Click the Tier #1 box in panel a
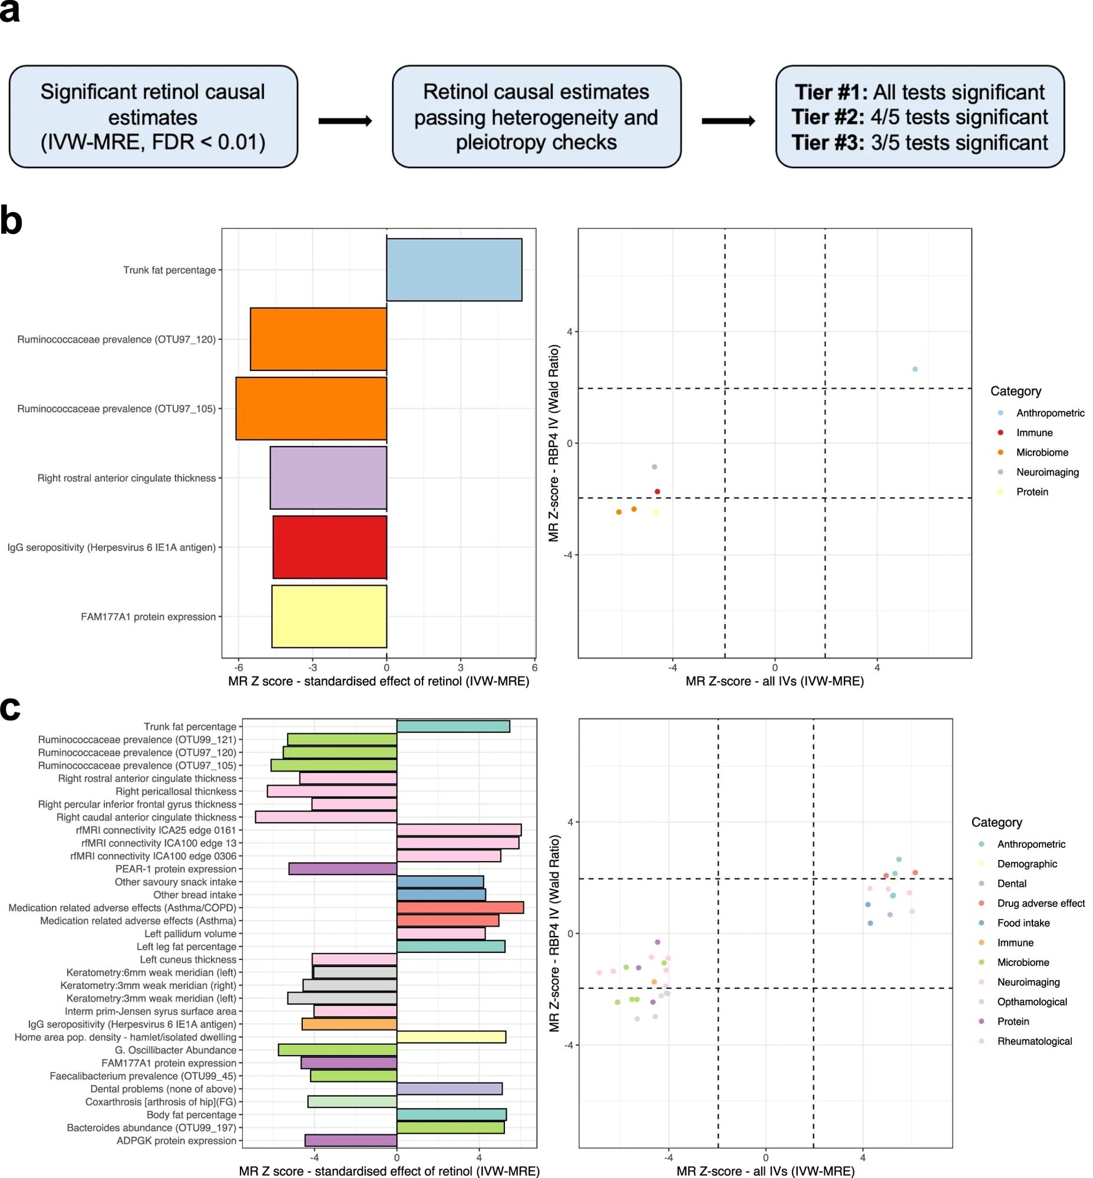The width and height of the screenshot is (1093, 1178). [x=919, y=117]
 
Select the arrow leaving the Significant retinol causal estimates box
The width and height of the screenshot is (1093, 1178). [x=345, y=121]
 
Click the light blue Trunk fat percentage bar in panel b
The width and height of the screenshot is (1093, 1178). [x=454, y=270]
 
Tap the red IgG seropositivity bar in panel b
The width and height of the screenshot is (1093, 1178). [x=329, y=547]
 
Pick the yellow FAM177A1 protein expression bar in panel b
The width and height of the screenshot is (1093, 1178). [x=329, y=616]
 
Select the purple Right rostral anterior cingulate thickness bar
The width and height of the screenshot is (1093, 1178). [x=328, y=478]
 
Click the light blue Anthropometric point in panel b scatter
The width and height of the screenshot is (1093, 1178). [x=914, y=369]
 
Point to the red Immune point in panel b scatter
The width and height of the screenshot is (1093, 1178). [x=657, y=491]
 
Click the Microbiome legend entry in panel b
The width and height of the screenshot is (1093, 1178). [x=1042, y=452]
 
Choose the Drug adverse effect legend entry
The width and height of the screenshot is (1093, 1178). [x=1041, y=903]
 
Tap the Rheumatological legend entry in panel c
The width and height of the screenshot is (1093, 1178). [x=1034, y=1041]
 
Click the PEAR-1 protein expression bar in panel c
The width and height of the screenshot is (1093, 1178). [x=342, y=869]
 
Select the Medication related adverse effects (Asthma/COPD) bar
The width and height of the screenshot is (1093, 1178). [x=460, y=908]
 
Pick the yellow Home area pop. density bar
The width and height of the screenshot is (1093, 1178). [x=451, y=1037]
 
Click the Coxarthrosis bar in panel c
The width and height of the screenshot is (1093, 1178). [x=352, y=1101]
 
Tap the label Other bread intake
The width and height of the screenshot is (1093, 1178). [x=194, y=895]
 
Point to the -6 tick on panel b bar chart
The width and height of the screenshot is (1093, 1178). [x=239, y=668]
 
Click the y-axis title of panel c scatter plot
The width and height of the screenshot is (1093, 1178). [x=554, y=933]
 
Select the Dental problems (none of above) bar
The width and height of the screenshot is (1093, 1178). [x=449, y=1088]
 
